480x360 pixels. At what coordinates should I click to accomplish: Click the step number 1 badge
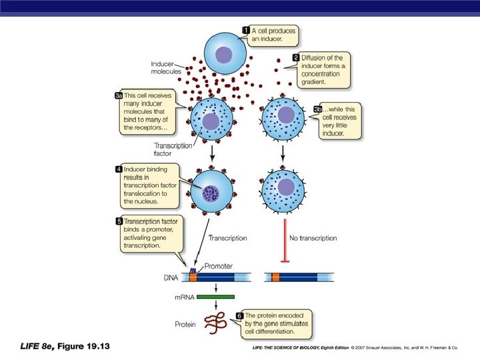246,31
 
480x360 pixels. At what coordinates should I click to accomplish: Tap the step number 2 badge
295,58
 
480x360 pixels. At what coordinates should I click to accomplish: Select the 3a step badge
119,97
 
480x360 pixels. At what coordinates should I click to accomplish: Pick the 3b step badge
318,109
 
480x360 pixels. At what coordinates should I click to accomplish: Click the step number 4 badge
119,169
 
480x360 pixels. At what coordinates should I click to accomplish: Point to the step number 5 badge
119,221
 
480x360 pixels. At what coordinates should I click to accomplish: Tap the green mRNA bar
215,297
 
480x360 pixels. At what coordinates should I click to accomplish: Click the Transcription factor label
173,148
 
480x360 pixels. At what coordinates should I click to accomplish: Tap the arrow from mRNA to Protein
215,307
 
